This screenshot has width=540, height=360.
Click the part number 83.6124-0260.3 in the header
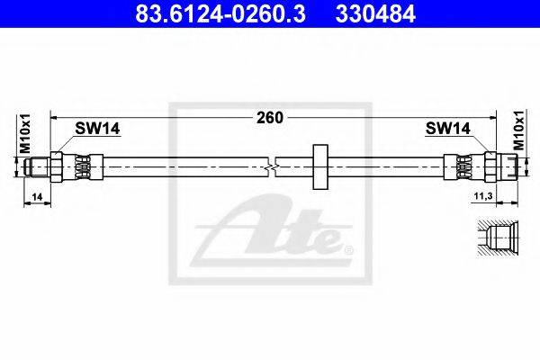coord(220,14)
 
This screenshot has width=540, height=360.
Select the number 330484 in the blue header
coord(375,14)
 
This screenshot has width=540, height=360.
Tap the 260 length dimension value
coord(270,118)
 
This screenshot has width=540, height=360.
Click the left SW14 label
coord(97,129)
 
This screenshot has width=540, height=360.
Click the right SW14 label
coord(447,129)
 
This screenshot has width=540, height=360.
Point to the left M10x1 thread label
coord(25,133)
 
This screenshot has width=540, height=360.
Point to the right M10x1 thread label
coord(519,130)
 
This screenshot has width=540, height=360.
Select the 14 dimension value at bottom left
coord(37,197)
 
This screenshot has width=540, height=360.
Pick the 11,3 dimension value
coord(483,196)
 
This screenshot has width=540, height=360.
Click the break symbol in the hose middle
coord(272,167)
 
